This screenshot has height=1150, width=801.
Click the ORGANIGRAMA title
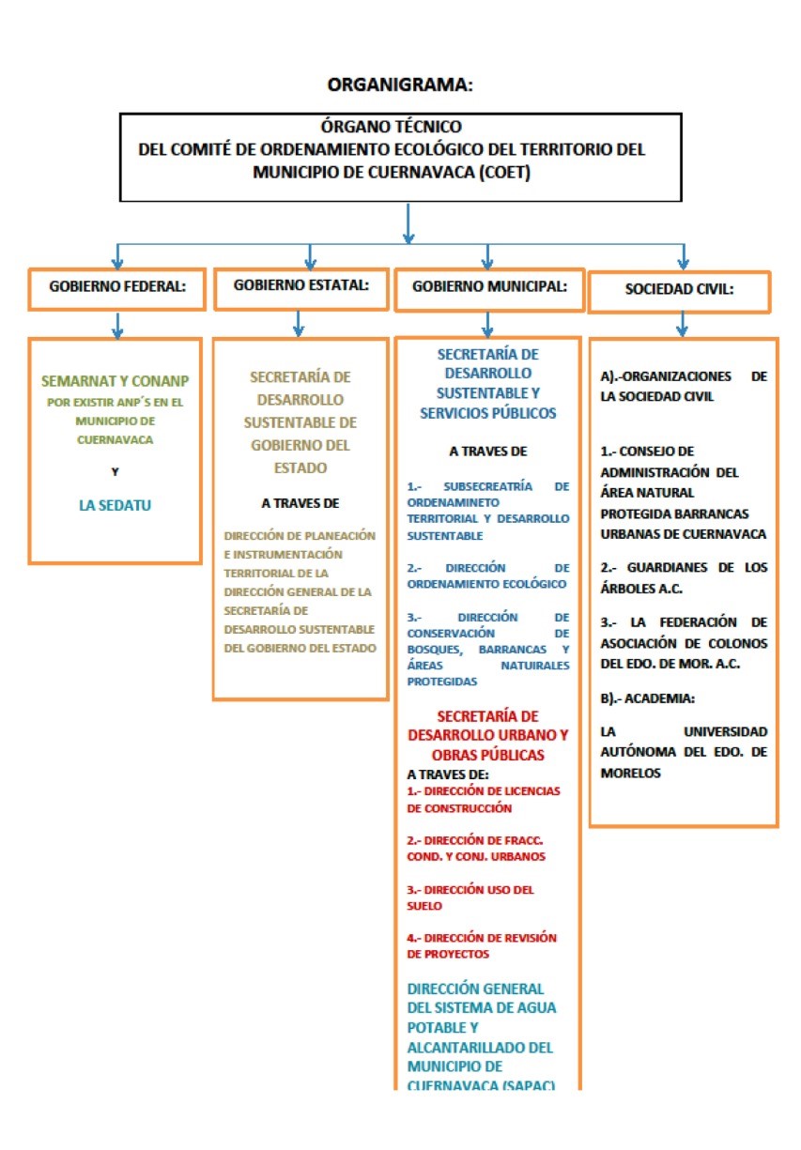coord(400,84)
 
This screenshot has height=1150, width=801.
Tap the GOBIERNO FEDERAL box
coord(117,289)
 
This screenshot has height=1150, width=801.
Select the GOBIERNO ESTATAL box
coord(300,289)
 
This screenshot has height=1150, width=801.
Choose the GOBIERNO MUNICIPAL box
coord(489,289)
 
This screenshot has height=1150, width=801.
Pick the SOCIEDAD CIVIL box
coord(679,292)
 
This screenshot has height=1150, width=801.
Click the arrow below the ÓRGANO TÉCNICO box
coord(408,223)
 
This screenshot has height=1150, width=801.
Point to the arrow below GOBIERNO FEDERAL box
coord(117,326)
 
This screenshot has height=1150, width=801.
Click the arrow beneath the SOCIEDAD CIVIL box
coord(682,324)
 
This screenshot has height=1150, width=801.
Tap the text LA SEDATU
coord(115,505)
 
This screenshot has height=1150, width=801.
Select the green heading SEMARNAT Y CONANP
coord(115,381)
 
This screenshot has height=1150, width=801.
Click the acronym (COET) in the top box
coord(504,173)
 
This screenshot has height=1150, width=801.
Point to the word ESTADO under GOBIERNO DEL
coord(300,468)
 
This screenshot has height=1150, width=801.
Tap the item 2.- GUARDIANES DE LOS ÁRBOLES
coord(684,577)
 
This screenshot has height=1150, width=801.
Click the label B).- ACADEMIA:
coord(647,698)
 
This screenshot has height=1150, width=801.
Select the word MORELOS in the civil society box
coord(630,773)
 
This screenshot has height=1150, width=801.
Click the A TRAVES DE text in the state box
coord(300,503)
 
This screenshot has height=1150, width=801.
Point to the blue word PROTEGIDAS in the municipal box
coord(441,682)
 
